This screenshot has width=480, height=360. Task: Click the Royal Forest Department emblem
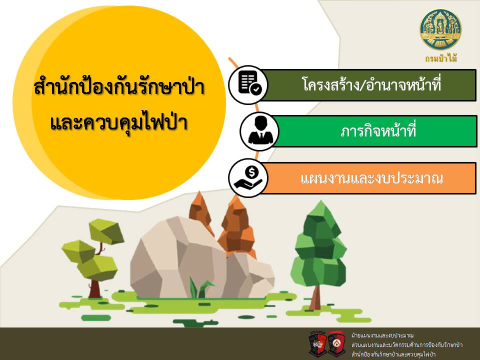440,29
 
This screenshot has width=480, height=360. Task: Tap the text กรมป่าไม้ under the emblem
441,58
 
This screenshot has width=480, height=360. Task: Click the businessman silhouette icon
260,131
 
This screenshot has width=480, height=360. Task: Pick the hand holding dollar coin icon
248,178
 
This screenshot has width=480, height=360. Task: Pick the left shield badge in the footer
318,343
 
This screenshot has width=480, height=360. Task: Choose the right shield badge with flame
336,343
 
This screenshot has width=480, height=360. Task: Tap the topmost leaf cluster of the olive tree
106,231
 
